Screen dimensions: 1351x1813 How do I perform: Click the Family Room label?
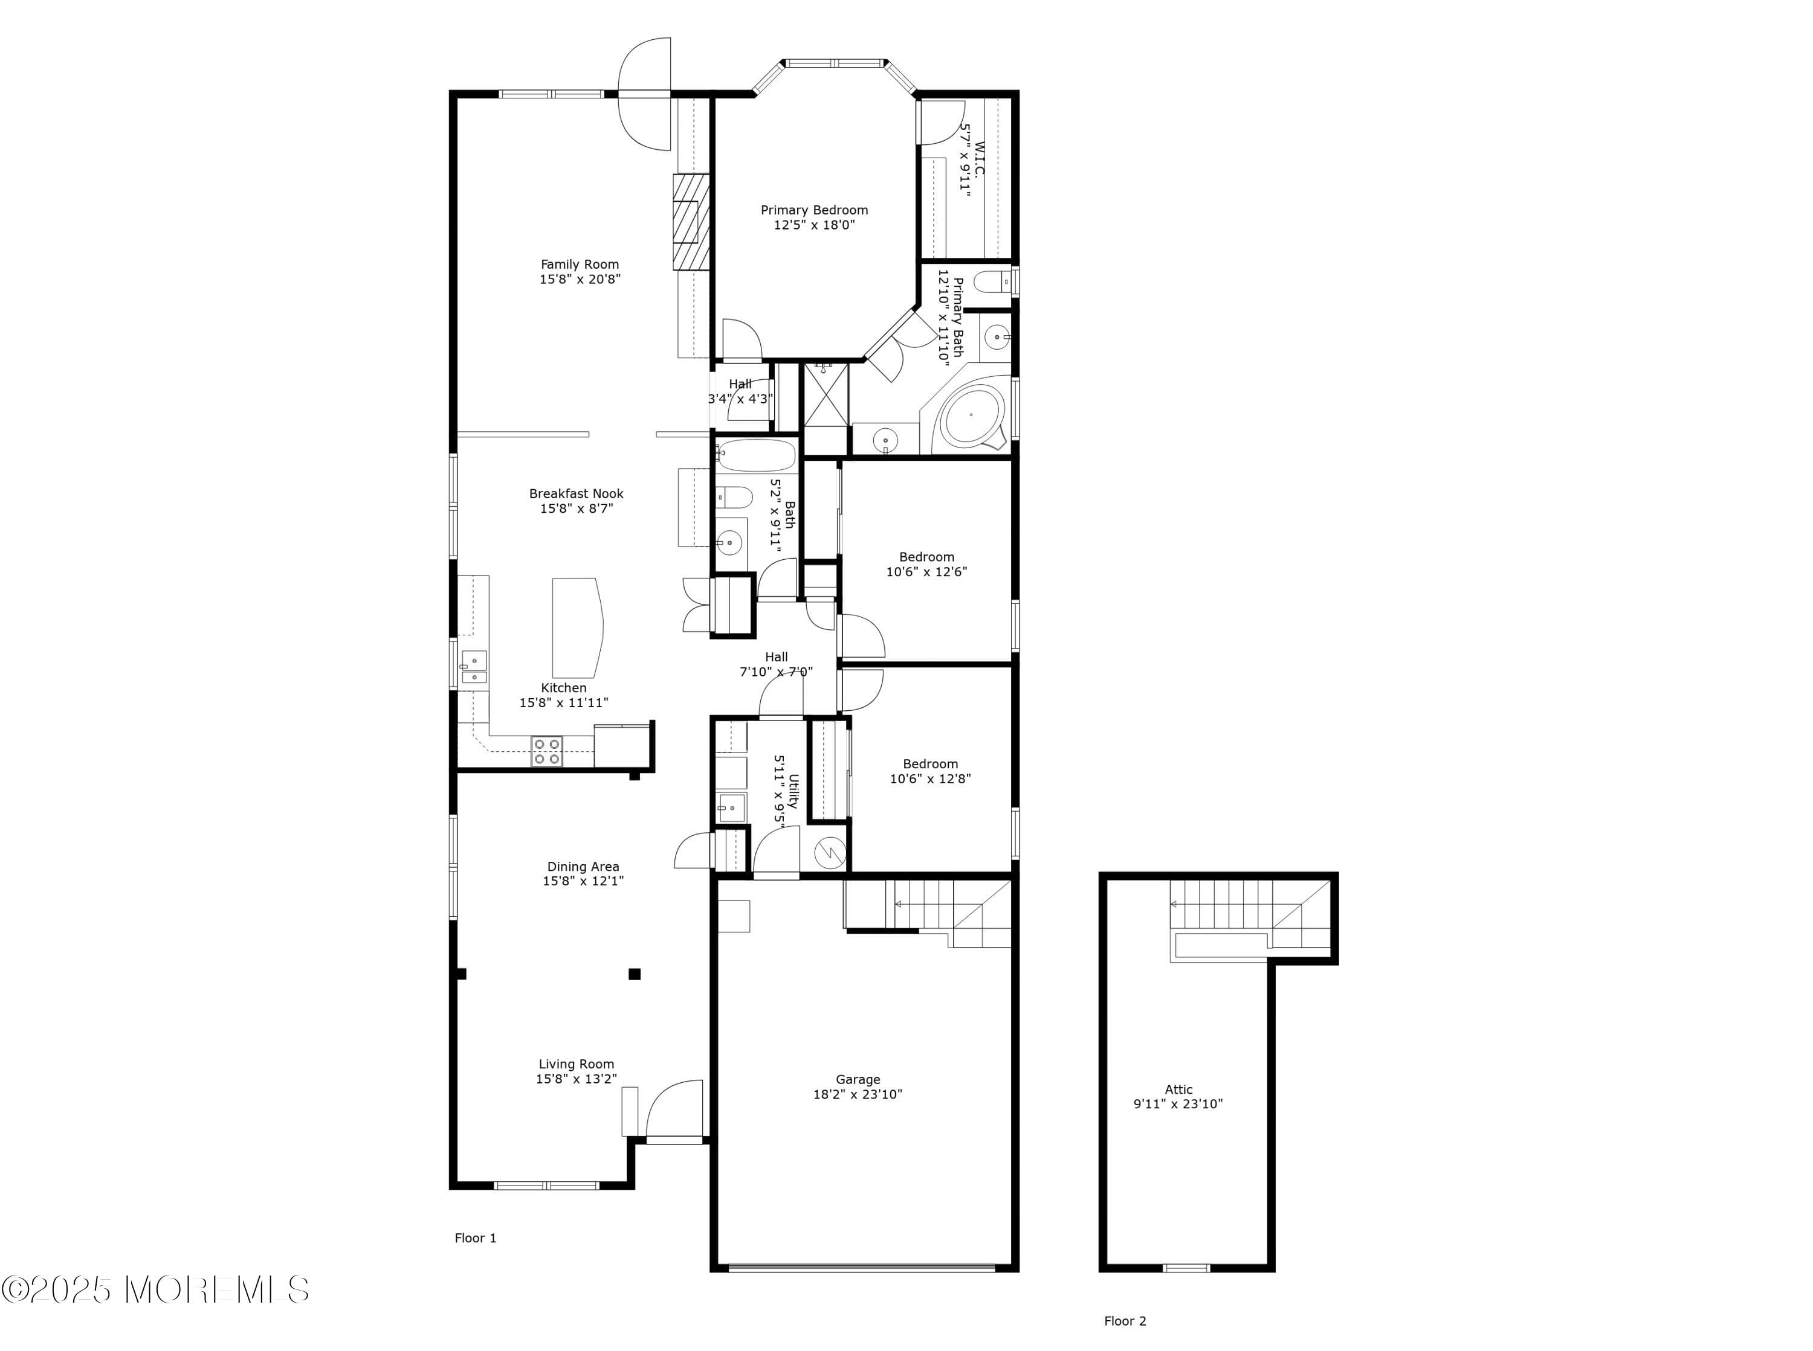(579, 264)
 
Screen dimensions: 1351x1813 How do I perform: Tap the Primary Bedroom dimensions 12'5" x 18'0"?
(814, 225)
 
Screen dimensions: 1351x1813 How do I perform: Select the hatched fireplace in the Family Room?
(691, 222)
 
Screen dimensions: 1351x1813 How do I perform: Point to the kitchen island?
(577, 627)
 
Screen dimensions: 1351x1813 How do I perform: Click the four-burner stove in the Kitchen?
(546, 751)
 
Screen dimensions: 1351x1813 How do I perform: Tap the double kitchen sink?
(474, 667)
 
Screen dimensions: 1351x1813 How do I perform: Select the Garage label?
(858, 1079)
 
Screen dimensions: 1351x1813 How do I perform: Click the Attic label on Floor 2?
(1178, 1089)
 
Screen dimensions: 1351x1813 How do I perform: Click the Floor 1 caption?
(476, 1238)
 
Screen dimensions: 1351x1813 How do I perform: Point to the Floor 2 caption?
(1125, 1321)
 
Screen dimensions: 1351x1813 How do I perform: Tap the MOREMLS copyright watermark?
(155, 1289)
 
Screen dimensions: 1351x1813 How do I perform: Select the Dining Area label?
(583, 867)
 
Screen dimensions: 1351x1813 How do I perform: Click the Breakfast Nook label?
(576, 494)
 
